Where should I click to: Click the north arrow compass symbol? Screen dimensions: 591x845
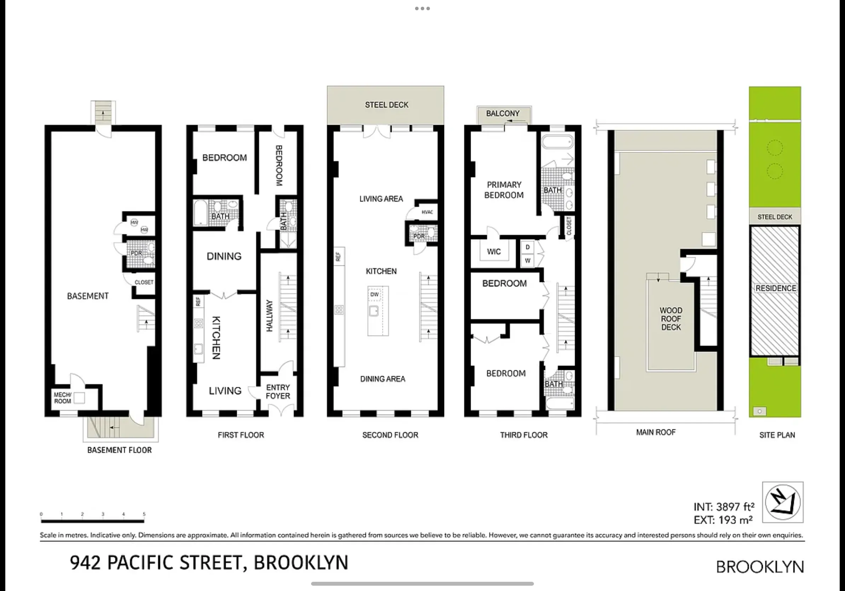[782, 502]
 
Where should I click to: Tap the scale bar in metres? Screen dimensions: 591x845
[92, 521]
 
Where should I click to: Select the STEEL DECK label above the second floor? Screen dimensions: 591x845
[386, 105]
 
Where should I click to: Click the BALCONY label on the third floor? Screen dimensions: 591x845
[503, 113]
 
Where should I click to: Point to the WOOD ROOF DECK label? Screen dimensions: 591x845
[671, 319]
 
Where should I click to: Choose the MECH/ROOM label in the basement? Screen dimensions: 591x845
[63, 398]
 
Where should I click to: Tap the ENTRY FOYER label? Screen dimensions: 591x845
[278, 392]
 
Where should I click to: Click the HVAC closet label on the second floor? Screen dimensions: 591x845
[427, 212]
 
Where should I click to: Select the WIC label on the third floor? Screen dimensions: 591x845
[494, 252]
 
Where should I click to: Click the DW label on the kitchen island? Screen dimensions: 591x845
[374, 294]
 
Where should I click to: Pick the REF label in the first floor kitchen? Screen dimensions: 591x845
[198, 302]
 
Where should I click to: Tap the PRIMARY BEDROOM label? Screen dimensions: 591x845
[504, 190]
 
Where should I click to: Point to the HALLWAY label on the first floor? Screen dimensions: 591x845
[269, 316]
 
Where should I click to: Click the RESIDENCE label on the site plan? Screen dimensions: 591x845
[775, 288]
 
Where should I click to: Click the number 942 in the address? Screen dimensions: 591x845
[85, 563]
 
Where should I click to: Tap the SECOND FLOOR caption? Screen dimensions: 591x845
[390, 435]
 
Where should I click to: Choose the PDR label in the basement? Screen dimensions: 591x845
[136, 253]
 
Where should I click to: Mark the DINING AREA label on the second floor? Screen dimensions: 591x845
[383, 379]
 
